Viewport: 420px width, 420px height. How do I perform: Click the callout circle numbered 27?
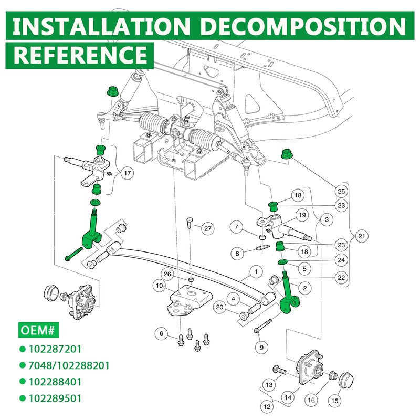tap(208, 228)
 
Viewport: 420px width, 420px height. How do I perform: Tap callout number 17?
tap(127, 173)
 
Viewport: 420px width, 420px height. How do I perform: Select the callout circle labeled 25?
tap(341, 191)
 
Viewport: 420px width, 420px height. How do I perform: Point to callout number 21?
tap(362, 236)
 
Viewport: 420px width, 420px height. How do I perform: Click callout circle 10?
tap(160, 286)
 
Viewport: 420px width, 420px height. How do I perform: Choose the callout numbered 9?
tap(261, 348)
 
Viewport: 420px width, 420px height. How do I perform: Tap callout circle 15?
tap(335, 401)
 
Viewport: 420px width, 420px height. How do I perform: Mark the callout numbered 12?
tap(267, 406)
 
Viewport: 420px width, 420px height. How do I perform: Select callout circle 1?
tap(256, 272)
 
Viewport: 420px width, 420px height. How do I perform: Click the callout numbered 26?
tap(167, 274)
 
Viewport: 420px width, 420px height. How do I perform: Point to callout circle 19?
tap(302, 215)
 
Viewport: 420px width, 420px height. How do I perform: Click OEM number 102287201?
tap(55, 349)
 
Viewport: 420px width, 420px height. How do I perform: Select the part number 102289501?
tap(55, 398)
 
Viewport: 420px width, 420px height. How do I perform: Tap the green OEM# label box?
tap(38, 330)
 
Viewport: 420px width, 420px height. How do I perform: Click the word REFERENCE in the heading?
tap(80, 55)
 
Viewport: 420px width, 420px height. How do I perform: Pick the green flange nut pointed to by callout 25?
tap(286, 154)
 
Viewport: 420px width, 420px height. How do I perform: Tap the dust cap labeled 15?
tap(346, 381)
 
